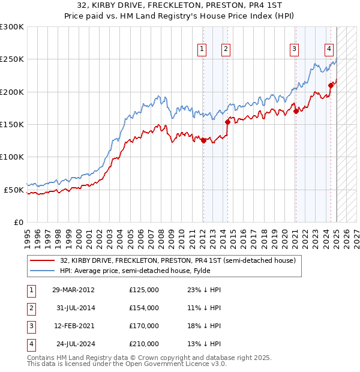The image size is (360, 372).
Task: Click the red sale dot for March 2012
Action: click(203, 141)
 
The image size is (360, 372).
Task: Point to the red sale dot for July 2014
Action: click(227, 122)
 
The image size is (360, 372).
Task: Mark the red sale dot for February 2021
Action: click(296, 111)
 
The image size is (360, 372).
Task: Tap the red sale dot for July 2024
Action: click(331, 85)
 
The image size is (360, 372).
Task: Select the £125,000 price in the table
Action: click(144, 290)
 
